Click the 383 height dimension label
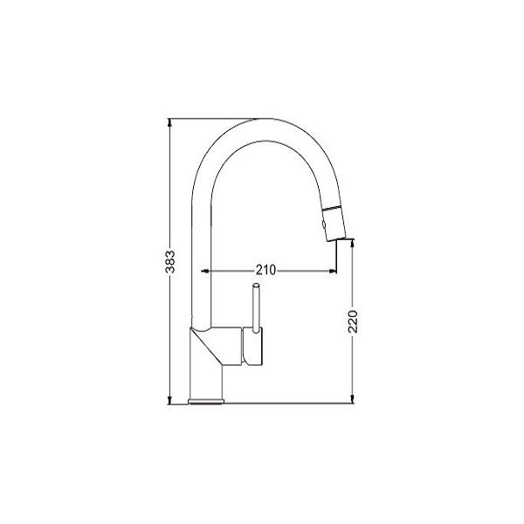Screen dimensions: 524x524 [x=170, y=262]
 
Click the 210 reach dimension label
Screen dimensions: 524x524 [x=266, y=270]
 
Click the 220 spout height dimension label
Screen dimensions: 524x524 [x=353, y=321]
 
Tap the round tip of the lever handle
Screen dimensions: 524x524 [x=256, y=286]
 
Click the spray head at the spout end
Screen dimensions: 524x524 [x=334, y=224]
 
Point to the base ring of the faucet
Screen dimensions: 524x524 [x=206, y=402]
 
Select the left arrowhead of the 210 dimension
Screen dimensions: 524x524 [x=205, y=271]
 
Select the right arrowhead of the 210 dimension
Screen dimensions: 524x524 [x=333, y=271]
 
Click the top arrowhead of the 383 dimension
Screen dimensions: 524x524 [x=170, y=122]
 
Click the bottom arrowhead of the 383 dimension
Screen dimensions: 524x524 [x=170, y=400]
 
